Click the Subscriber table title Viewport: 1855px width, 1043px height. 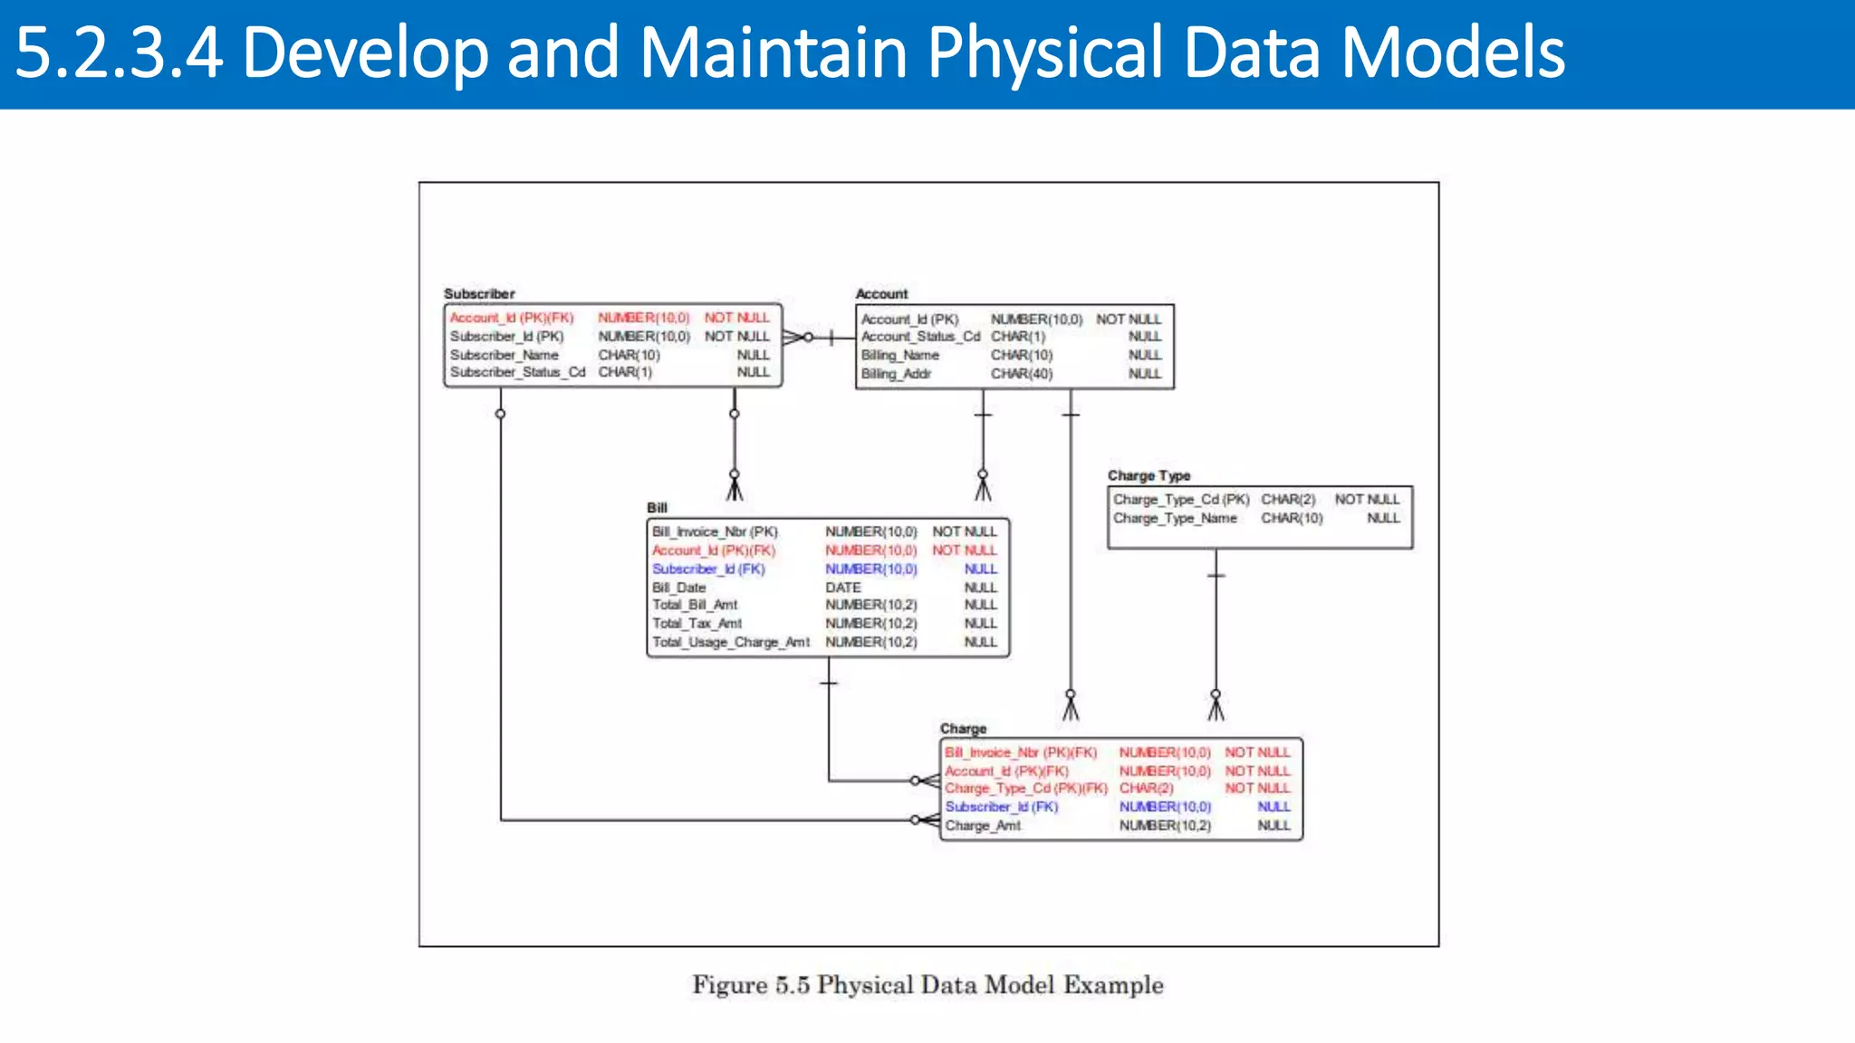[479, 293]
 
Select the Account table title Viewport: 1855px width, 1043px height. [881, 293]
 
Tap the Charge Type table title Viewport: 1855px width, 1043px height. [1149, 475]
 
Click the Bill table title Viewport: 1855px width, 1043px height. [657, 508]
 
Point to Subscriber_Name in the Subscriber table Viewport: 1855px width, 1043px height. [505, 355]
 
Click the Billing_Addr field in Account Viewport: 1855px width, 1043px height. [896, 373]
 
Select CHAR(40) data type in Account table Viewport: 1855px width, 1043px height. [1022, 373]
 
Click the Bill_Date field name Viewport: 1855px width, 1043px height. [678, 587]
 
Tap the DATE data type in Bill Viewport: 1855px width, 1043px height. [842, 587]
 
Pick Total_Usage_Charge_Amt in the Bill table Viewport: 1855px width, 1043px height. [731, 642]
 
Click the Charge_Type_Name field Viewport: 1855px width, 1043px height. [1175, 518]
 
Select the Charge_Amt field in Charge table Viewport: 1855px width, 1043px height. [983, 826]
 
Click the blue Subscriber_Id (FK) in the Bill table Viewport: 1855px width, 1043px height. [708, 569]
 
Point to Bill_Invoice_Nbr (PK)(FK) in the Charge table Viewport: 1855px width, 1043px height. [1021, 752]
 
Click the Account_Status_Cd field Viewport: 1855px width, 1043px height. [920, 337]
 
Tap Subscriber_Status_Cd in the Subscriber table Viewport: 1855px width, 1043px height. [517, 372]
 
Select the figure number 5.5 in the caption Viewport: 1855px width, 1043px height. [792, 985]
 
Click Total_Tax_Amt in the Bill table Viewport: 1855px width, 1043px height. [697, 623]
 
